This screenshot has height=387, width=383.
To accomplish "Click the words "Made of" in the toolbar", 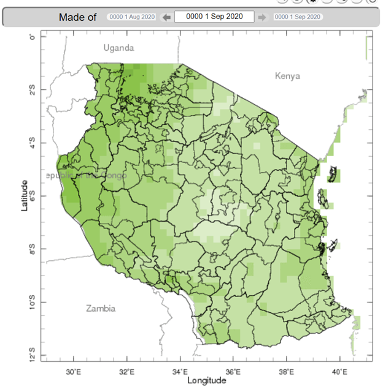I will [77, 17].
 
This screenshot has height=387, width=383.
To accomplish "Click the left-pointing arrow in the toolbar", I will [166, 17].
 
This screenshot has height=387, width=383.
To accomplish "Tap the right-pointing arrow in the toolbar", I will [262, 17].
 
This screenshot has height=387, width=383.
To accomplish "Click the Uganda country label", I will [118, 48].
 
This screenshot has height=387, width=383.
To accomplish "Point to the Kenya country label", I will [287, 76].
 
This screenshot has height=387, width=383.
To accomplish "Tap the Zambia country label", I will [101, 308].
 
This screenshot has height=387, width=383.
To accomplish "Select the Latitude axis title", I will [25, 195].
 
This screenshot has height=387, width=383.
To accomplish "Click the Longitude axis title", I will [207, 380].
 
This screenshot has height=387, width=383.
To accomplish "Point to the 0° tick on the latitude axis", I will [33, 37].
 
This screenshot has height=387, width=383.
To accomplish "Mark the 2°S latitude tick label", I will [33, 90].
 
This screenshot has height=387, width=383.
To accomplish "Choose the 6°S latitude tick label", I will [33, 196].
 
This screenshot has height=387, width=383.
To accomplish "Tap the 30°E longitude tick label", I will [74, 370].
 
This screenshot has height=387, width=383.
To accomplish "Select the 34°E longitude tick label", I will [180, 370].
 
